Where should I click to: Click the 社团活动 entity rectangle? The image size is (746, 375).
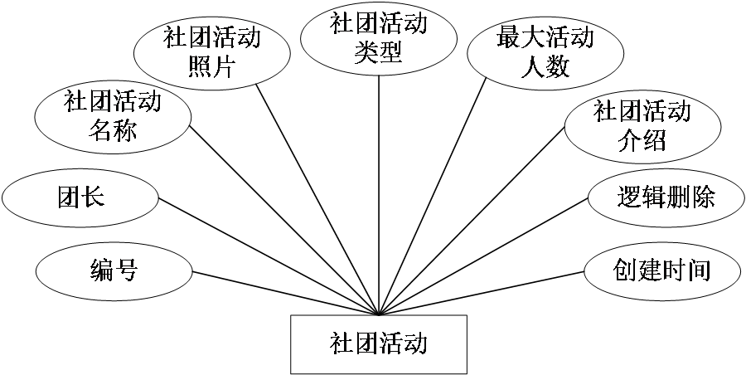[x=378, y=343]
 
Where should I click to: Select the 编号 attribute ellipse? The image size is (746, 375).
[x=114, y=270]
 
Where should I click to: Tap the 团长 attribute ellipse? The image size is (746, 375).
[x=80, y=198]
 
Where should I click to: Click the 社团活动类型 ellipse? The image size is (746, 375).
[x=378, y=37]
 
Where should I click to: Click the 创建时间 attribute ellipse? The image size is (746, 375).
[x=662, y=270]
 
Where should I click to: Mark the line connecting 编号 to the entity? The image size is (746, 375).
[x=286, y=294]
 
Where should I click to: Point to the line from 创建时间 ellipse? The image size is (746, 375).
[x=481, y=294]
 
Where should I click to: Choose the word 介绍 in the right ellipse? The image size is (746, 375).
[x=642, y=141]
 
